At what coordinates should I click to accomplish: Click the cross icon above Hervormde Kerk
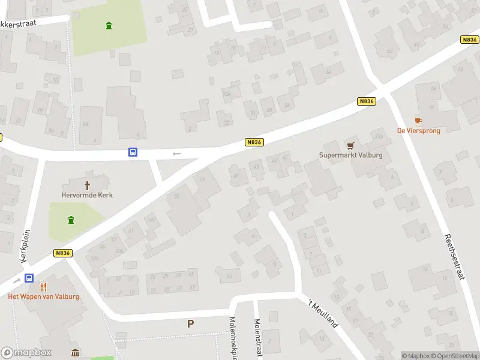tap(87, 185)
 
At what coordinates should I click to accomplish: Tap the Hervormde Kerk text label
tap(87, 195)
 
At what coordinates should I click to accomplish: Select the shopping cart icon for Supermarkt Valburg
tap(350, 146)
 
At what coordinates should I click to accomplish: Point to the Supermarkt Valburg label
tap(350, 155)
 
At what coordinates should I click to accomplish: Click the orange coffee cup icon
tap(418, 121)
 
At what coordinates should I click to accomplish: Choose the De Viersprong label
tap(418, 131)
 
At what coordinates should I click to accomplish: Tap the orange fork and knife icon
tap(43, 287)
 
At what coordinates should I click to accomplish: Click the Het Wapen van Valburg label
tap(43, 296)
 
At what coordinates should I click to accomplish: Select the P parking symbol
tap(190, 324)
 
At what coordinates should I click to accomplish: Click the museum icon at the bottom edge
tap(76, 353)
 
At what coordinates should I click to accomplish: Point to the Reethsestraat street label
tap(454, 257)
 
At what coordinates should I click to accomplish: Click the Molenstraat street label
tap(259, 339)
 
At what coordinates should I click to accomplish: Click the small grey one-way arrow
tap(176, 154)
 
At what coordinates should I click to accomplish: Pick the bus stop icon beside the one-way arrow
tap(133, 152)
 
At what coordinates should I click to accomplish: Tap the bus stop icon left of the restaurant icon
tap(29, 278)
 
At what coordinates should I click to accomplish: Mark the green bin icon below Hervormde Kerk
tap(71, 220)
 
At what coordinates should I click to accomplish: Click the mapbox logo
tap(26, 353)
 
